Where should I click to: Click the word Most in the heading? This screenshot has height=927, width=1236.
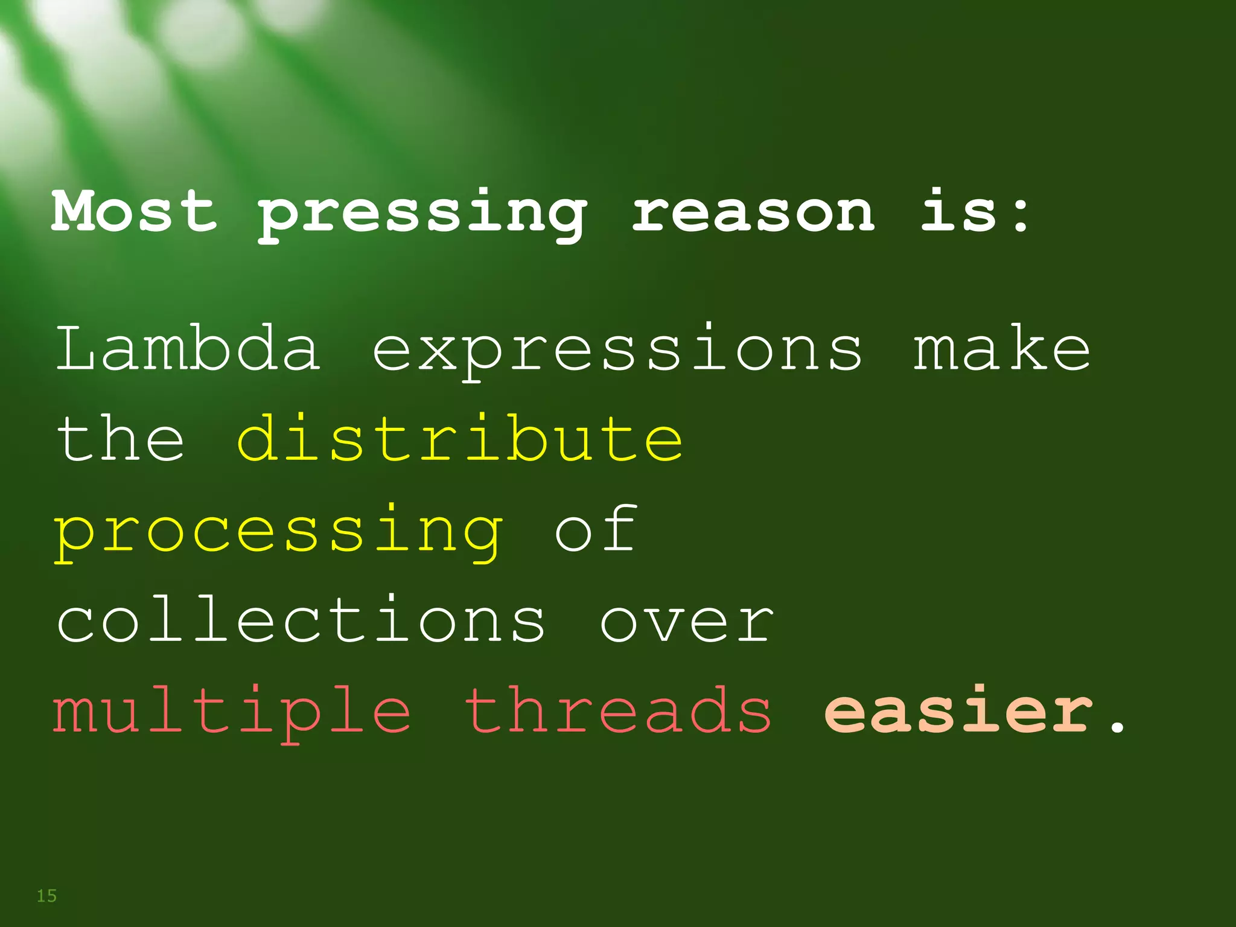pos(134,211)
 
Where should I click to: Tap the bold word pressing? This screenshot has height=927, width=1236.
pos(422,214)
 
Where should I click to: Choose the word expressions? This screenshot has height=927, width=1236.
pos(617,352)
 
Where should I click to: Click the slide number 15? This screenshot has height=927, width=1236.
pos(46,896)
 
